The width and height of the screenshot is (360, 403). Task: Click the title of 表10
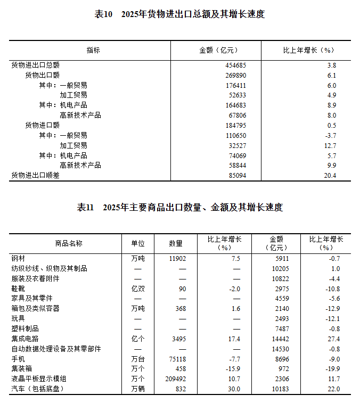[179, 14]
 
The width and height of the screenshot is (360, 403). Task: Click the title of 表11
[179, 207]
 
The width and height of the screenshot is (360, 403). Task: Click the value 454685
[235, 65]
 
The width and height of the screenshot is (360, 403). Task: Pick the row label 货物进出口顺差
[35, 175]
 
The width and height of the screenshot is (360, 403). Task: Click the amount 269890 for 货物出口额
[235, 75]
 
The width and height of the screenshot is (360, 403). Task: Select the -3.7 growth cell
[331, 135]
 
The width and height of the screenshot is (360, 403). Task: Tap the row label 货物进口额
[42, 125]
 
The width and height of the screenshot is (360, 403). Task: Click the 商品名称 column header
[69, 243]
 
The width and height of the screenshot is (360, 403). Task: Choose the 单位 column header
[138, 243]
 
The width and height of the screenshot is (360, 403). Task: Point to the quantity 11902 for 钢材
[176, 258]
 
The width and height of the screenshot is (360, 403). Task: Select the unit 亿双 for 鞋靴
[138, 289]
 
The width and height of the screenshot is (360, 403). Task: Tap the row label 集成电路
[25, 339]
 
